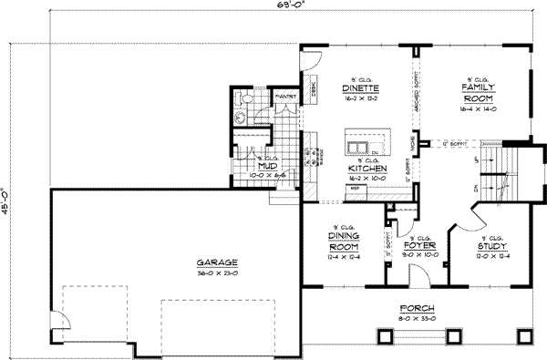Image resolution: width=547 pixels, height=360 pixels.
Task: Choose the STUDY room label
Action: click(x=494, y=245)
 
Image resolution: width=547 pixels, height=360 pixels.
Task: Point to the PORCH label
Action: click(x=416, y=308)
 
